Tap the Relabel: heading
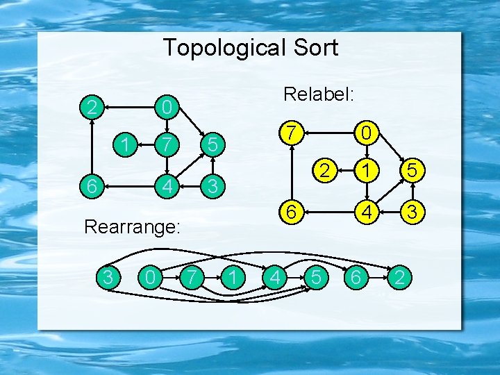[x=319, y=94]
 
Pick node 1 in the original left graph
[x=125, y=144]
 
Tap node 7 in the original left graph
[x=165, y=144]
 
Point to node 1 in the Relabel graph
[x=364, y=169]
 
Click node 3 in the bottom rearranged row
[x=107, y=278]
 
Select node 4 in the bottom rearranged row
[x=275, y=278]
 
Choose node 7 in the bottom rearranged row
[x=189, y=278]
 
